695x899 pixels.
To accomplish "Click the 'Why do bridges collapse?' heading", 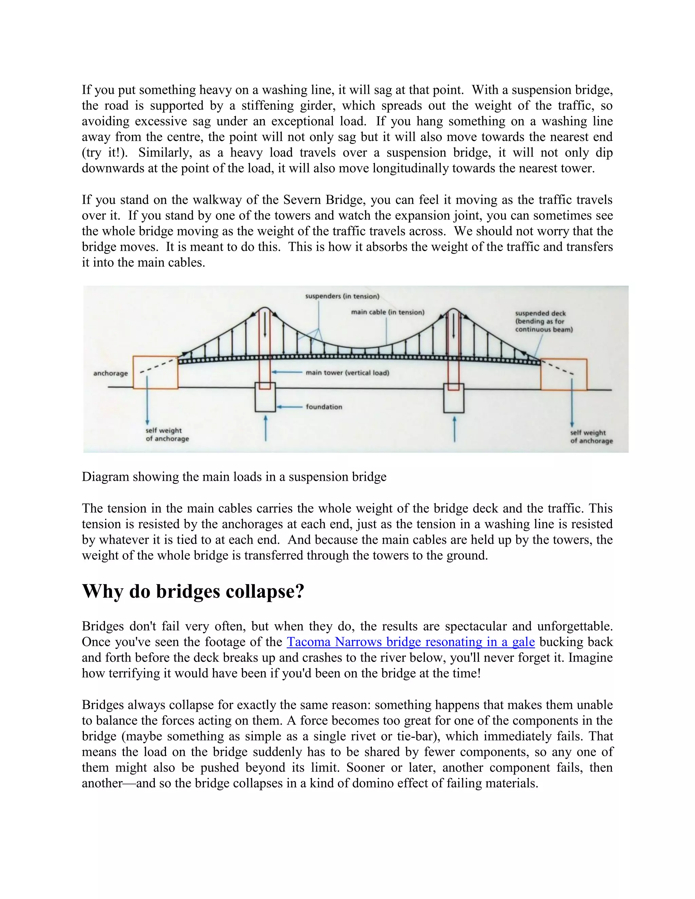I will [x=193, y=592].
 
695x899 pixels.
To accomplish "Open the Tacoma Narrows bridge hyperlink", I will [x=411, y=642].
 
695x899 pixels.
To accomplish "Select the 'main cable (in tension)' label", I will [x=388, y=312].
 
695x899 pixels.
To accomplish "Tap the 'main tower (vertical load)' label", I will [x=347, y=373].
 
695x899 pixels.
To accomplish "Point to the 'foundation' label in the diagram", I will [x=324, y=407].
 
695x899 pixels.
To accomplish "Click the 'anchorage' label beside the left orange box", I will [x=110, y=374].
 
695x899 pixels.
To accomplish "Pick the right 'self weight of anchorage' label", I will [x=591, y=437].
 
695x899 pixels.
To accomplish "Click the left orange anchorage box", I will [x=155, y=372].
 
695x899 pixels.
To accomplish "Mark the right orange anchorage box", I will [x=564, y=375].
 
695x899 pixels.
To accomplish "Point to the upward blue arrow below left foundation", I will [x=266, y=428].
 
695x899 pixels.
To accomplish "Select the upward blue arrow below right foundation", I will [x=454, y=429].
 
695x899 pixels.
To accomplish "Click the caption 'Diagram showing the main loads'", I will [x=234, y=477].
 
